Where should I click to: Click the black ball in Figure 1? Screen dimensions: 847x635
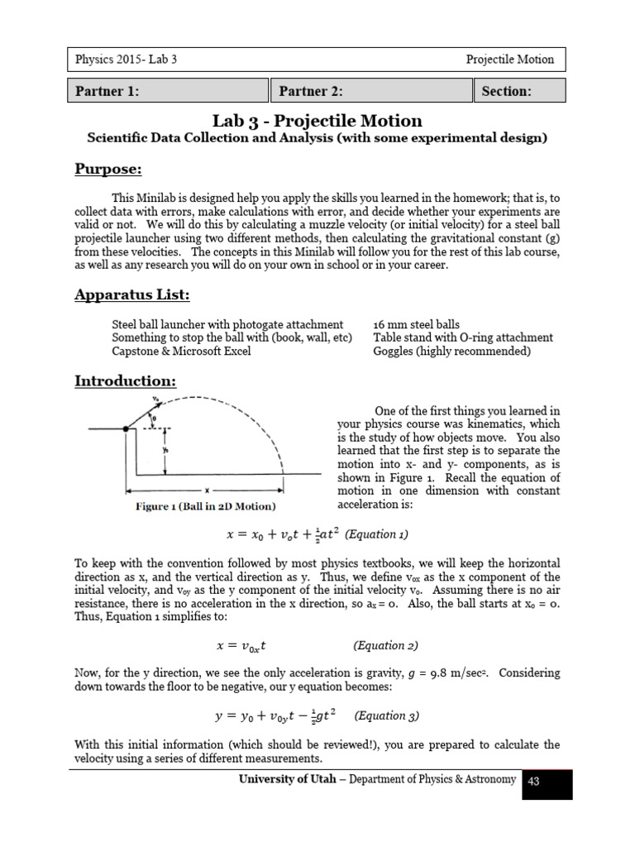click(126, 428)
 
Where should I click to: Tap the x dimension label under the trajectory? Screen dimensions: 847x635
click(205, 490)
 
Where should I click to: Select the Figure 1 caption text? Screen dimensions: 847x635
click(205, 506)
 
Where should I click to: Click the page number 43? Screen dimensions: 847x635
click(533, 781)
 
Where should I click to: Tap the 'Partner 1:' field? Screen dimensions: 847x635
click(168, 91)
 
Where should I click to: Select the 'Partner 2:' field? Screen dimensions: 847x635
click(370, 91)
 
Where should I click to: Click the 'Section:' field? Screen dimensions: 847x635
click(519, 91)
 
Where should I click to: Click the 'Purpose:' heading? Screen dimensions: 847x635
click(108, 170)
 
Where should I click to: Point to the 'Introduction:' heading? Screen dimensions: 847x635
click(125, 381)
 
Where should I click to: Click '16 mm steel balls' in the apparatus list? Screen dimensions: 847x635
click(416, 324)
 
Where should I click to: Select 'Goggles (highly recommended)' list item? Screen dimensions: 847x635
click(452, 351)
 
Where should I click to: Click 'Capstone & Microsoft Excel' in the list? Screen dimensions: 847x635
click(180, 351)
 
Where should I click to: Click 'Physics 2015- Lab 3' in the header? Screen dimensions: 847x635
click(126, 60)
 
